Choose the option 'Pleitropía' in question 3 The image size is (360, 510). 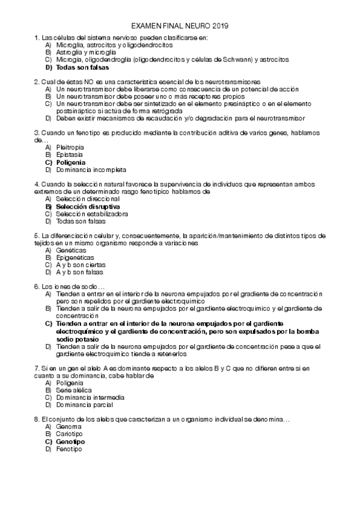click(x=70, y=147)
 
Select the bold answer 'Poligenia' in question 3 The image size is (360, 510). click(x=70, y=162)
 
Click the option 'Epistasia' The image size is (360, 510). click(x=69, y=155)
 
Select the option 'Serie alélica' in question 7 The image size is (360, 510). click(x=75, y=390)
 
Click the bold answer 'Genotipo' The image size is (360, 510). click(x=70, y=441)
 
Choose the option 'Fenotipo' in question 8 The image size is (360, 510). click(x=69, y=449)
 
